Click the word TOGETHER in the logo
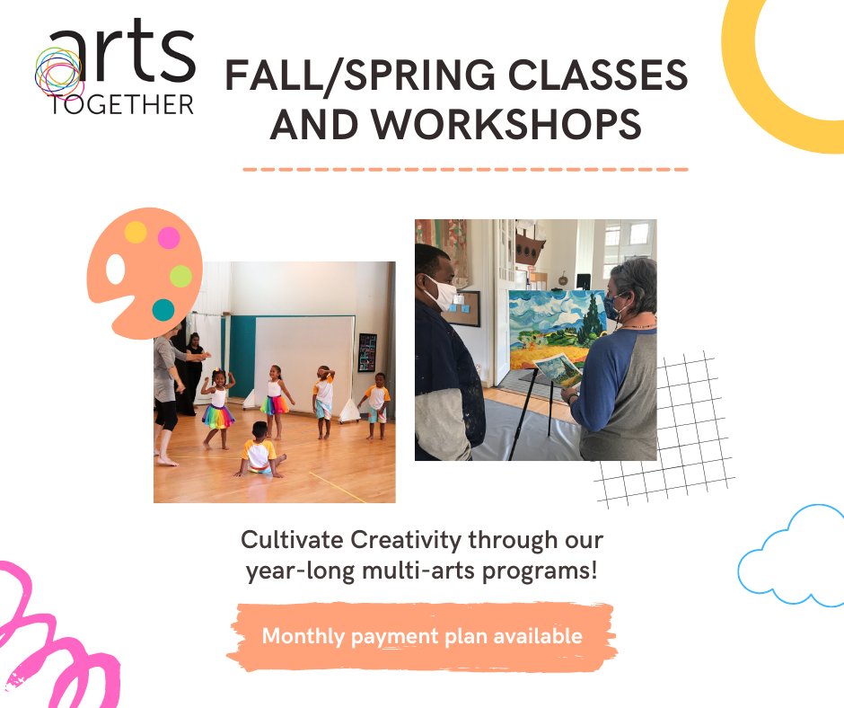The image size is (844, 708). pyautogui.click(x=122, y=104)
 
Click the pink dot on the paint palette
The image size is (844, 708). pyautogui.click(x=169, y=238)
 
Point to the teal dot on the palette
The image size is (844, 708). pyautogui.click(x=163, y=310)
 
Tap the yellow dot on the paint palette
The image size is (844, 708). pyautogui.click(x=136, y=233)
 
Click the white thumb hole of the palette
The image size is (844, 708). pyautogui.click(x=114, y=269)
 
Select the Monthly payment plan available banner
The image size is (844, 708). pyautogui.click(x=421, y=636)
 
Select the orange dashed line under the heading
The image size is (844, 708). pyautogui.click(x=465, y=169)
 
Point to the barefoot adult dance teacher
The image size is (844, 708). pyautogui.click(x=168, y=386)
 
